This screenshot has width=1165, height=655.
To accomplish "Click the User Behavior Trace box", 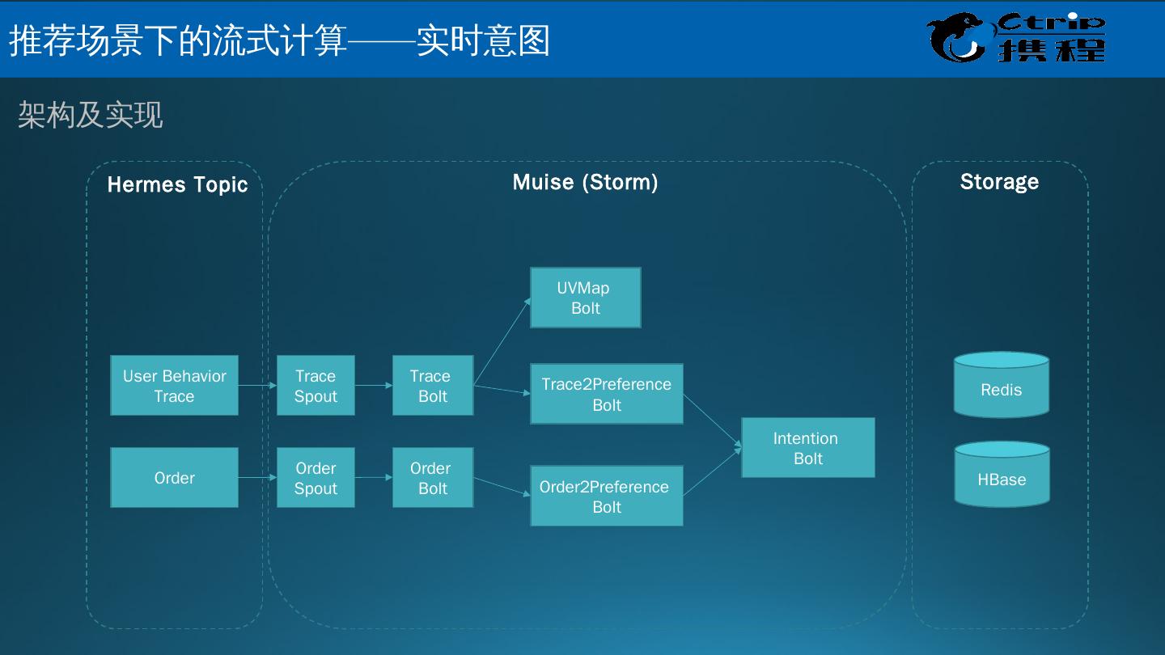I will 174,386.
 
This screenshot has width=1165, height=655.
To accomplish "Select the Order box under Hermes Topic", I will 174,478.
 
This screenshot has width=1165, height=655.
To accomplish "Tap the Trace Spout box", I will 316,386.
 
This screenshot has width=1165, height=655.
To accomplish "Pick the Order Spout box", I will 316,478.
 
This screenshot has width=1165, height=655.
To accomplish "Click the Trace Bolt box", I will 433,386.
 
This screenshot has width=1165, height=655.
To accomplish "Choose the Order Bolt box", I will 433,478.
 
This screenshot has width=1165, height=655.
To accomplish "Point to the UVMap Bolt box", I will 585,298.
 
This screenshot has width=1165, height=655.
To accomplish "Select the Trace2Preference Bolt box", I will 606,394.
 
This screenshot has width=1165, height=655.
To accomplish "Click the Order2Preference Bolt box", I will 606,496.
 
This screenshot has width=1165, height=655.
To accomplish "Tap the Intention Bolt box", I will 807,448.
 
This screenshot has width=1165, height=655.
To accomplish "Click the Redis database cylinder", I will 1001,386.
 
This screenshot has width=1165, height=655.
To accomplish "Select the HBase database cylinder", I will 1002,475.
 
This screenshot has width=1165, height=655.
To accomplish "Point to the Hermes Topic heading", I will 177,184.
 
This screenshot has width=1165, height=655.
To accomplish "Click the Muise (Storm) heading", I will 585,182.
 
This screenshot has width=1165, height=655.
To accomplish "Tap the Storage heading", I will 999,182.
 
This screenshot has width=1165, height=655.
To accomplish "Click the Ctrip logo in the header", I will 1016,37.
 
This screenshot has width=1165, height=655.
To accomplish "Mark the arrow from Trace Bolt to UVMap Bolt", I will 502,340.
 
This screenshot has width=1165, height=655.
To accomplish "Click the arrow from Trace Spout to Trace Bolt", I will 373,386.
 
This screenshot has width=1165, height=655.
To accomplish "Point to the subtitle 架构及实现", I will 91,115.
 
